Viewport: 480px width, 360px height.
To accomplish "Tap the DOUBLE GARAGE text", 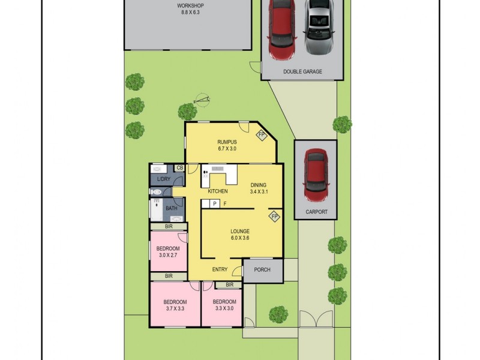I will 303,71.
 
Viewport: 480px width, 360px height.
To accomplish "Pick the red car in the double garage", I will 280,30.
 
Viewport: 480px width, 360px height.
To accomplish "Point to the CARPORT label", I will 316,212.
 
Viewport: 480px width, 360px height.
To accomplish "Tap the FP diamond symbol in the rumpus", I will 262,135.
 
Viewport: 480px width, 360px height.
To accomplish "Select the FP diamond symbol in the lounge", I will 274,216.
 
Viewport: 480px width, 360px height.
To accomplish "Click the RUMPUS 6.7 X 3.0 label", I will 226,145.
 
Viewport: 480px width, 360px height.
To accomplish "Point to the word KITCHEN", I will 218,191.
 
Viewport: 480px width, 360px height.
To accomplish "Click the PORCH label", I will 262,270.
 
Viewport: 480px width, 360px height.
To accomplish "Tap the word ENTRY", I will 220,269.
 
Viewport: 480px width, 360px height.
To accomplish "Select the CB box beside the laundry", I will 179,168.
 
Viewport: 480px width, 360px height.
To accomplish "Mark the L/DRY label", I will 163,179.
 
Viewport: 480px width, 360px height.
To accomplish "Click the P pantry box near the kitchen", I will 214,204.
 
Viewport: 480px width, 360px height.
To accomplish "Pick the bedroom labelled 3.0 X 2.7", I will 168,252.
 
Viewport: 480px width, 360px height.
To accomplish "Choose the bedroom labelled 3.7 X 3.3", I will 175,305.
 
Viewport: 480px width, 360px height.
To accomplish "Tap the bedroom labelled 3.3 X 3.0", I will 224,305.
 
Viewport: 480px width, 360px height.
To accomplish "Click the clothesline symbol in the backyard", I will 203,100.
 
